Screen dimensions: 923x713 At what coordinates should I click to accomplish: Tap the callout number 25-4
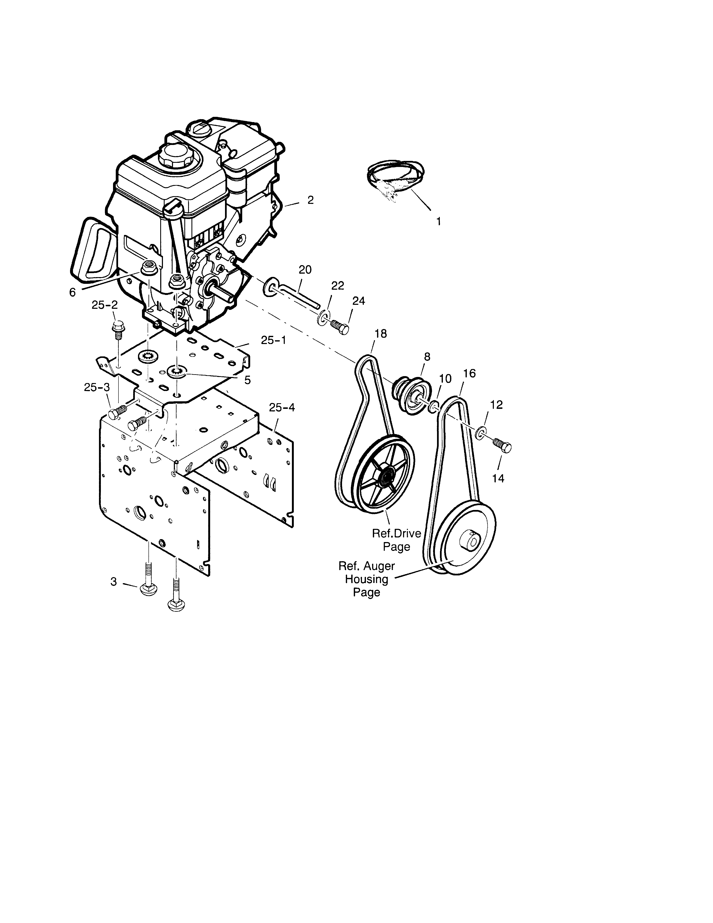[282, 407]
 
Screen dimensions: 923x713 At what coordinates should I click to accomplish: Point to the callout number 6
[73, 292]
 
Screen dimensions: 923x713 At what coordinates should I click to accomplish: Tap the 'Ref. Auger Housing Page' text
[367, 579]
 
